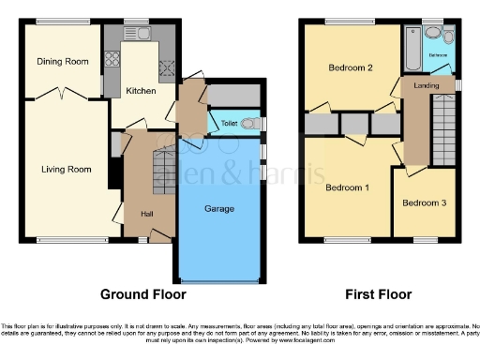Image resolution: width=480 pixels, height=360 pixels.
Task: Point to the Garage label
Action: [x=219, y=208]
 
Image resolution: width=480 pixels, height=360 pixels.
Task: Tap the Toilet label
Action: [x=228, y=124]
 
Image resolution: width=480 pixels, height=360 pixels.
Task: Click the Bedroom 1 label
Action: [x=347, y=187]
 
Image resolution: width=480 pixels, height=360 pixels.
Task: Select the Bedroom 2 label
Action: [x=351, y=67]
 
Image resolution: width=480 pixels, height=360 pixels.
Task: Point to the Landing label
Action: [x=427, y=87]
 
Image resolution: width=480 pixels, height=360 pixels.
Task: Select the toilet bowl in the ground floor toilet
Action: [x=250, y=124]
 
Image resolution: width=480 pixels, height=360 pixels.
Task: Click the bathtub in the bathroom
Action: [x=412, y=44]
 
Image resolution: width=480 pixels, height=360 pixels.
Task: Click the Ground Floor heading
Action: [x=142, y=292]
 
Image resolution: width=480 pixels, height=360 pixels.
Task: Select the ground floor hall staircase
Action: [x=164, y=173]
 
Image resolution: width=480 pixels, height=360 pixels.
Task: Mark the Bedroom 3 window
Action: [x=427, y=239]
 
